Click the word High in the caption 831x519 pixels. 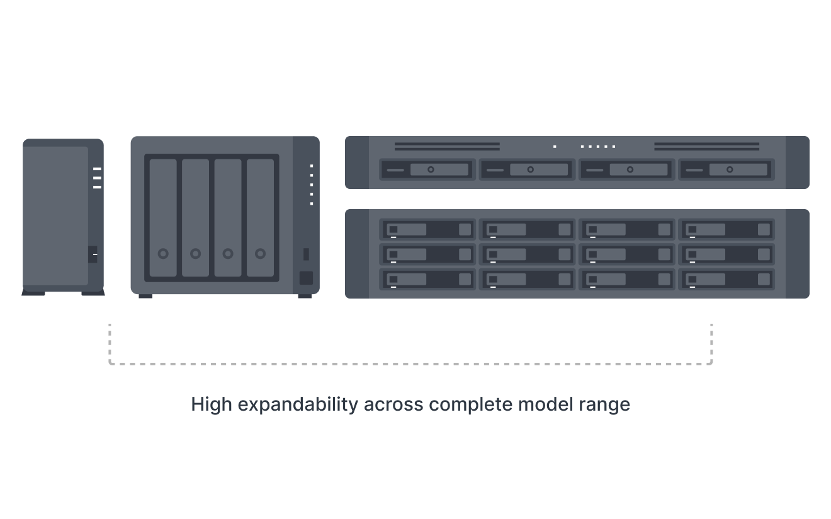pyautogui.click(x=211, y=404)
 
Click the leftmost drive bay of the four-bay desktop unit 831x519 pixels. pyautogui.click(x=163, y=217)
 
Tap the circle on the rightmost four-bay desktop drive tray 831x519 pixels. pyautogui.click(x=260, y=253)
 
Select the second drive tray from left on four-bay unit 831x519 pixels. pyautogui.click(x=195, y=217)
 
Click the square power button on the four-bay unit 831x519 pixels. pyautogui.click(x=306, y=278)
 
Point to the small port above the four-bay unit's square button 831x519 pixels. pyautogui.click(x=306, y=254)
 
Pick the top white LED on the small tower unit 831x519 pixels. pyautogui.click(x=97, y=169)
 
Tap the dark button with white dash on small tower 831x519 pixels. pyautogui.click(x=93, y=254)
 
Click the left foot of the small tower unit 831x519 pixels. pyautogui.click(x=33, y=293)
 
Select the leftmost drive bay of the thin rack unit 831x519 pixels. pyautogui.click(x=428, y=169)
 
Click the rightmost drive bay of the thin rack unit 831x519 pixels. pyautogui.click(x=726, y=169)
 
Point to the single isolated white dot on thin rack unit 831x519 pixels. pyautogui.click(x=555, y=146)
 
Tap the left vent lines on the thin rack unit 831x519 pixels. pyautogui.click(x=447, y=146)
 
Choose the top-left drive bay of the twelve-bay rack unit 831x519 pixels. pyautogui.click(x=428, y=229)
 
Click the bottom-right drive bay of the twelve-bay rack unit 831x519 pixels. pyautogui.click(x=726, y=279)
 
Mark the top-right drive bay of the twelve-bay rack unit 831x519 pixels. pyautogui.click(x=726, y=229)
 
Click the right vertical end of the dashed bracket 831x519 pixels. pyautogui.click(x=712, y=343)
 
